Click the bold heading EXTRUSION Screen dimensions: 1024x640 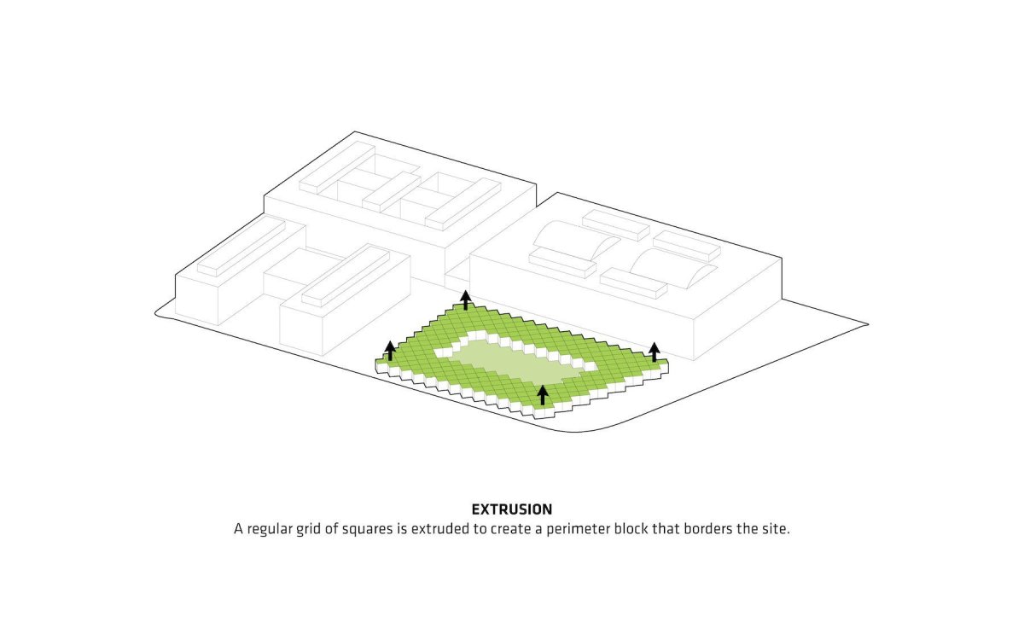(x=511, y=509)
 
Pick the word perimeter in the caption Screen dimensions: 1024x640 (x=578, y=529)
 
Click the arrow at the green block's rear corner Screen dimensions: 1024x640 (x=465, y=300)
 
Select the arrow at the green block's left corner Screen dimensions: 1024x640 (x=390, y=351)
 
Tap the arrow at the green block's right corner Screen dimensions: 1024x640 (x=655, y=352)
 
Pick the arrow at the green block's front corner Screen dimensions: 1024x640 (x=543, y=395)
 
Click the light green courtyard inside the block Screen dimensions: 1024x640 (x=512, y=362)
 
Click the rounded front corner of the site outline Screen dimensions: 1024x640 (x=577, y=432)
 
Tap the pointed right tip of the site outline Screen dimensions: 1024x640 (x=868, y=324)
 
